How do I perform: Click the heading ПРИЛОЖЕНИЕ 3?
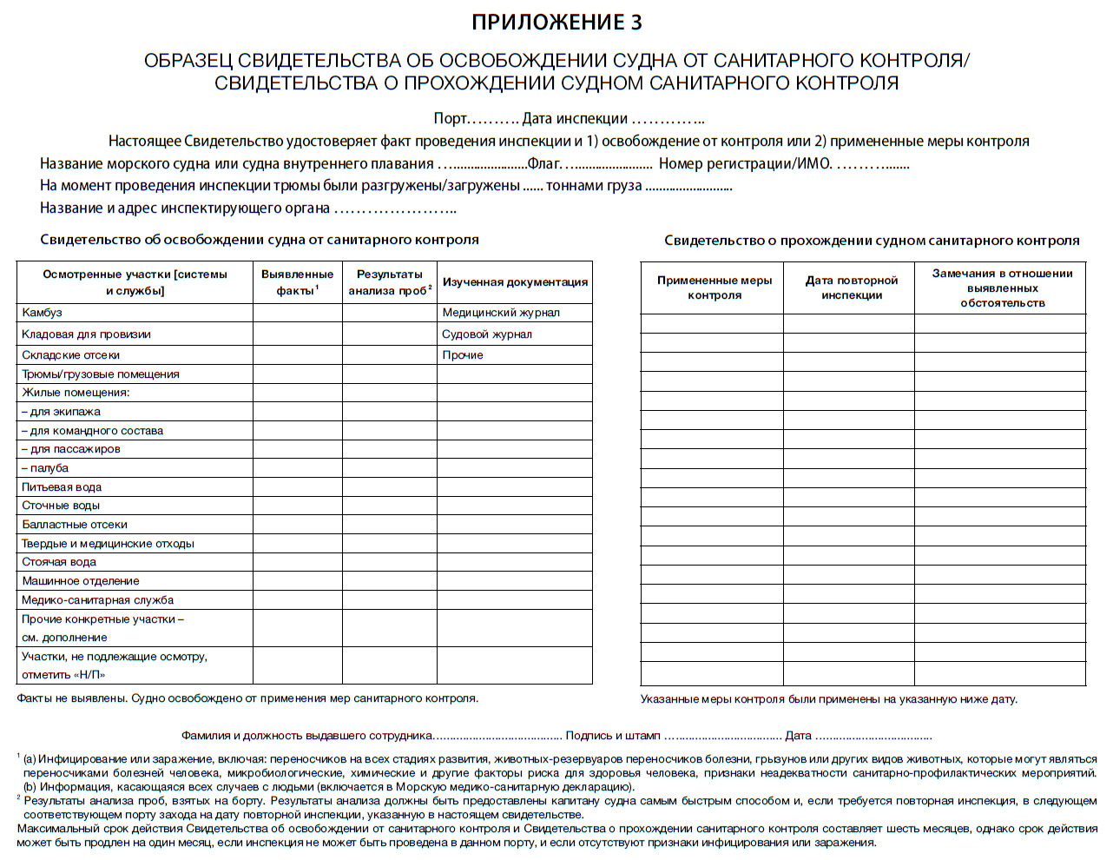(x=556, y=23)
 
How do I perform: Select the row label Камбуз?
(x=42, y=313)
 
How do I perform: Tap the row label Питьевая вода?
(x=62, y=487)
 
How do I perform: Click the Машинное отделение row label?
(x=80, y=581)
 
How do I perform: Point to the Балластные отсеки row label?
(x=75, y=525)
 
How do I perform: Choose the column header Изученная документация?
(x=515, y=282)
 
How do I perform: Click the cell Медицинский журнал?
(x=501, y=313)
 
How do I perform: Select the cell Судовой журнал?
(x=487, y=334)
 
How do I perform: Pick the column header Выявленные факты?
(x=297, y=282)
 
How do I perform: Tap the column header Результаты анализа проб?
(x=390, y=282)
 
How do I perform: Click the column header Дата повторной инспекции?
(x=851, y=288)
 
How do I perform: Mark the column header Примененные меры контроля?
(x=714, y=288)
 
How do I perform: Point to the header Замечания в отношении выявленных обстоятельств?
(x=1002, y=288)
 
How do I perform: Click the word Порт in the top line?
(x=451, y=119)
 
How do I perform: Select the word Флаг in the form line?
(x=544, y=164)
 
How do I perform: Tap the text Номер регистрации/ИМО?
(x=745, y=164)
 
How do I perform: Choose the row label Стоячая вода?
(x=58, y=562)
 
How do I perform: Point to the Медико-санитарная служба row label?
(x=97, y=600)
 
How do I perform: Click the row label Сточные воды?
(x=61, y=506)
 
